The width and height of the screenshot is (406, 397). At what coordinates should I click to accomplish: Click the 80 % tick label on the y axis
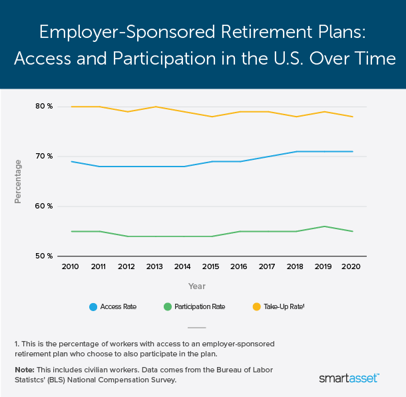pyautogui.click(x=44, y=107)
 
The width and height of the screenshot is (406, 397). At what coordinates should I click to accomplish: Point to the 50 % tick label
pyautogui.click(x=44, y=256)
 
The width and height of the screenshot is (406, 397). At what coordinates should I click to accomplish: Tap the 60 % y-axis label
pyautogui.click(x=44, y=206)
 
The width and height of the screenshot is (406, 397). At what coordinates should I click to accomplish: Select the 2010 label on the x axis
pyautogui.click(x=71, y=266)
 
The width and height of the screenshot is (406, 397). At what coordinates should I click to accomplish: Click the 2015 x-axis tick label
pyautogui.click(x=211, y=266)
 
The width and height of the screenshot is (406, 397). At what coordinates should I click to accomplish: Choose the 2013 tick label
pyautogui.click(x=155, y=266)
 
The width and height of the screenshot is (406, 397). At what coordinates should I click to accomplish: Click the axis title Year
pyautogui.click(x=197, y=286)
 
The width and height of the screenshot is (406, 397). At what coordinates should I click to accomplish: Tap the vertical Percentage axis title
pyautogui.click(x=19, y=181)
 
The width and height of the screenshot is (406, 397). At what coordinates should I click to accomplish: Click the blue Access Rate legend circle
pyautogui.click(x=94, y=307)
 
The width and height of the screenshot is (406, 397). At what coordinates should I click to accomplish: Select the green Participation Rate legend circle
pyautogui.click(x=168, y=307)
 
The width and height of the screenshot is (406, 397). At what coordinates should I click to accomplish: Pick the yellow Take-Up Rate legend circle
pyautogui.click(x=256, y=307)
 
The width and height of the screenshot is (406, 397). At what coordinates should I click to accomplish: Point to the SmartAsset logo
pyautogui.click(x=349, y=378)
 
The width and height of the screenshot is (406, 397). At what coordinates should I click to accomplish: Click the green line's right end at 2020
pyautogui.click(x=352, y=231)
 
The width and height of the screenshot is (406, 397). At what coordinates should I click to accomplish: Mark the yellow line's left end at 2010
pyautogui.click(x=71, y=107)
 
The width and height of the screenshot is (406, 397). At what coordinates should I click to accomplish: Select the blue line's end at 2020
pyautogui.click(x=352, y=151)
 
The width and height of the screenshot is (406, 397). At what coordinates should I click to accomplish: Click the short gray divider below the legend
pyautogui.click(x=197, y=327)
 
